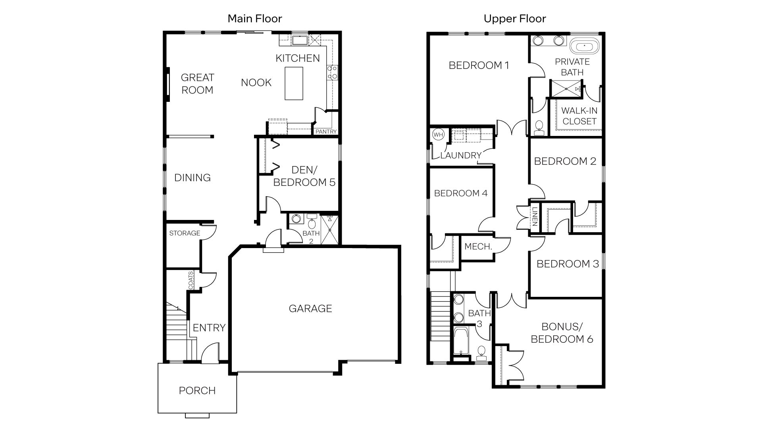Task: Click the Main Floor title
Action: coord(254,19)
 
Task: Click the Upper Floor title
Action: coord(515,19)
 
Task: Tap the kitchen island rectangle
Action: coord(294,83)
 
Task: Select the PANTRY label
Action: coord(326,132)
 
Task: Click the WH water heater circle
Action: coord(438,135)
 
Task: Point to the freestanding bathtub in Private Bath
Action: coord(584,46)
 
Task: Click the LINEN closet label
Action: coord(535,217)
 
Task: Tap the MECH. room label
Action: coord(478,246)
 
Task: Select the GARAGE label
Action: coord(310,308)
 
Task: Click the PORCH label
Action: coord(197,390)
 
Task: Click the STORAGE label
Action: coord(185,233)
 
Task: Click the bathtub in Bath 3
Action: coord(460,341)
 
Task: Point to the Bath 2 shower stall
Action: coord(329,230)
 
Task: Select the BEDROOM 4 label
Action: coord(460,193)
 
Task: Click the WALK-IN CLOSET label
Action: coord(579,116)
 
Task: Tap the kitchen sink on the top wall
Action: coord(298,40)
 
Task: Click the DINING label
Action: coord(192,178)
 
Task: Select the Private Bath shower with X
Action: coord(566,89)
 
